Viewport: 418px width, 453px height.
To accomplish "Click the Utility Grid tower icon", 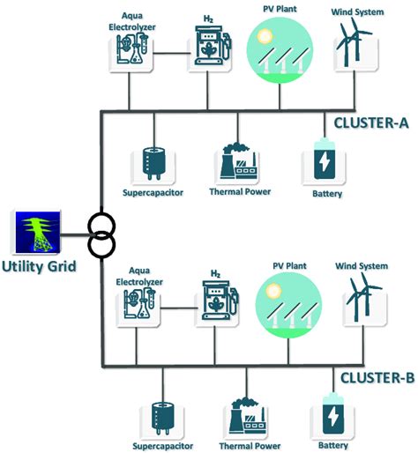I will [36, 229].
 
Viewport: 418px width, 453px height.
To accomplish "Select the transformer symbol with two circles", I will [102, 234].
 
